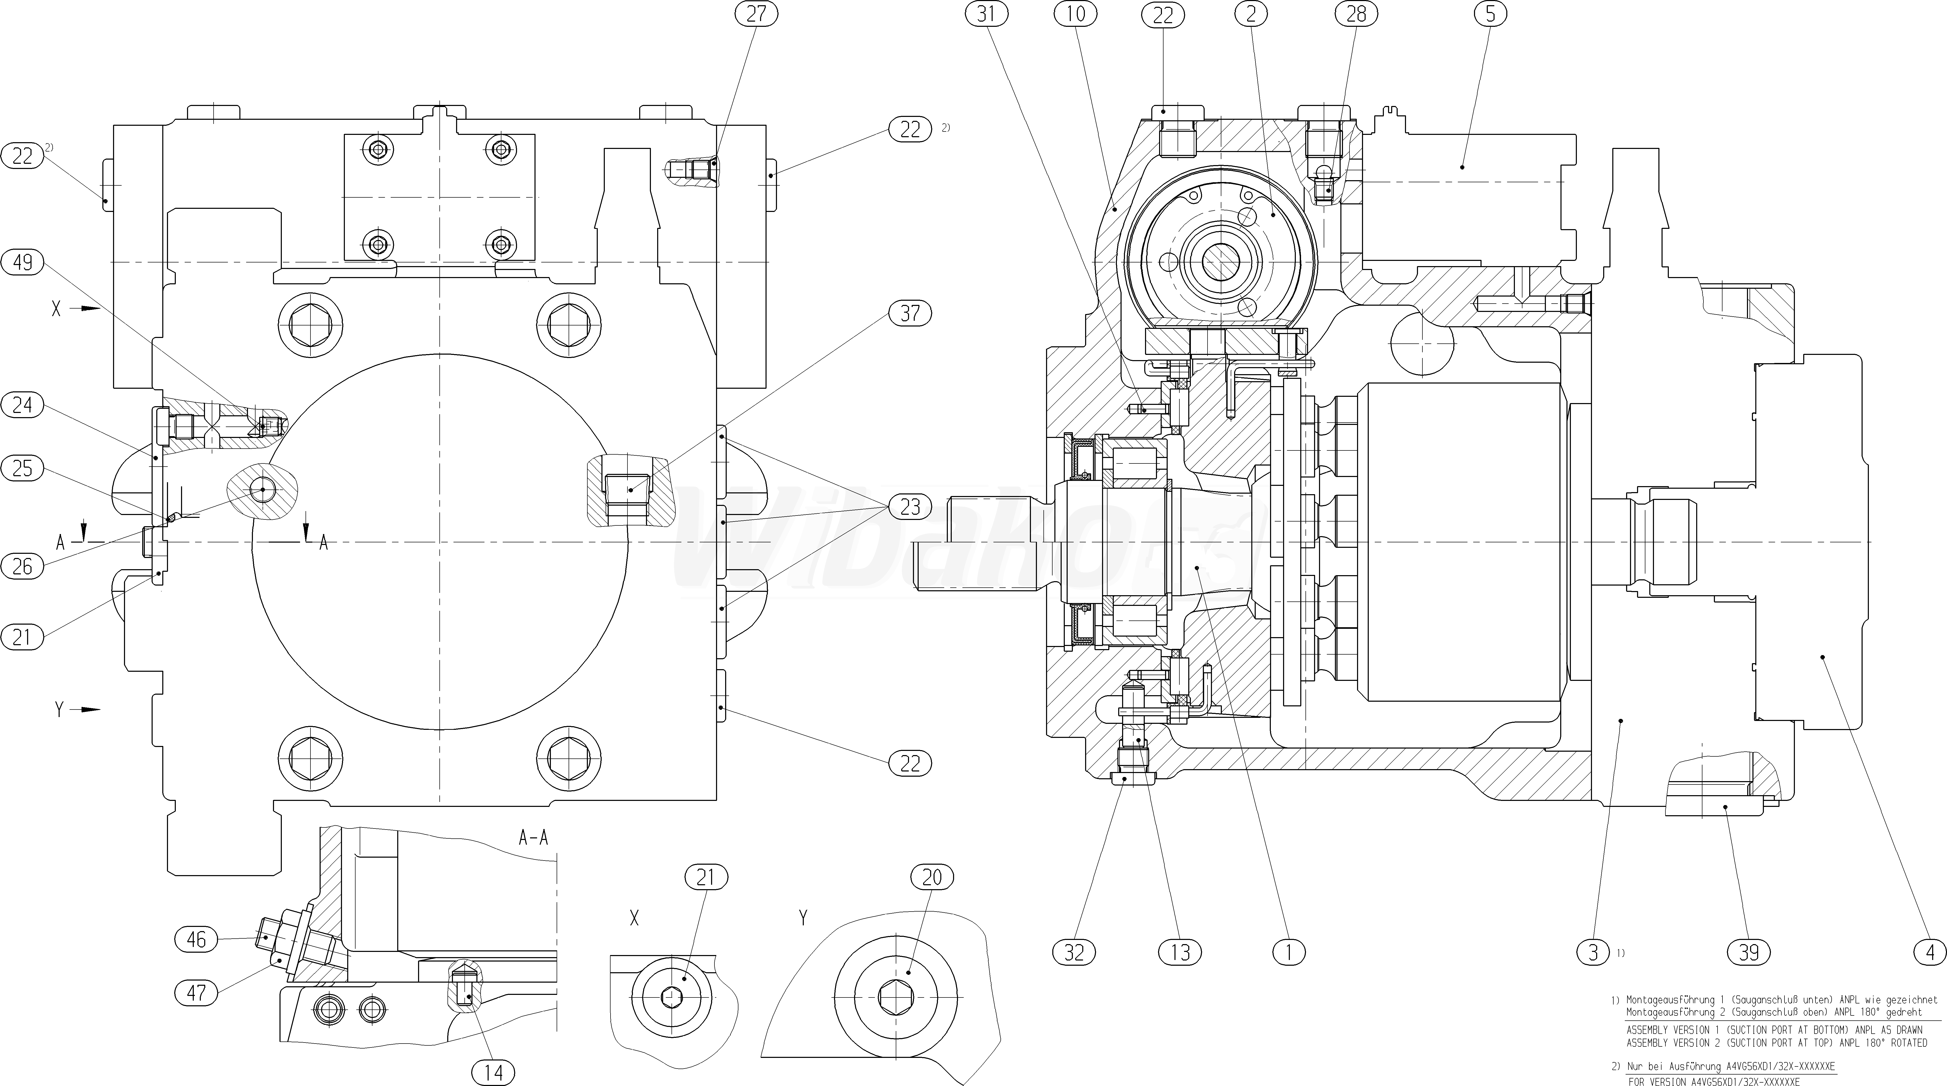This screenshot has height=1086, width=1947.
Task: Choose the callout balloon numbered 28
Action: pos(1357,14)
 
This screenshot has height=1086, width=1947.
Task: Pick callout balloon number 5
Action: pos(1490,14)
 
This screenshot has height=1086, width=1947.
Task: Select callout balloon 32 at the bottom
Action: pos(1074,952)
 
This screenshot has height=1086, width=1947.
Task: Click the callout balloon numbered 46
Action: pos(196,939)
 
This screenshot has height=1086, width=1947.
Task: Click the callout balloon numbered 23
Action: pos(910,506)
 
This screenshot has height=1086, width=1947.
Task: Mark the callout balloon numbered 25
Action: pos(23,469)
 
